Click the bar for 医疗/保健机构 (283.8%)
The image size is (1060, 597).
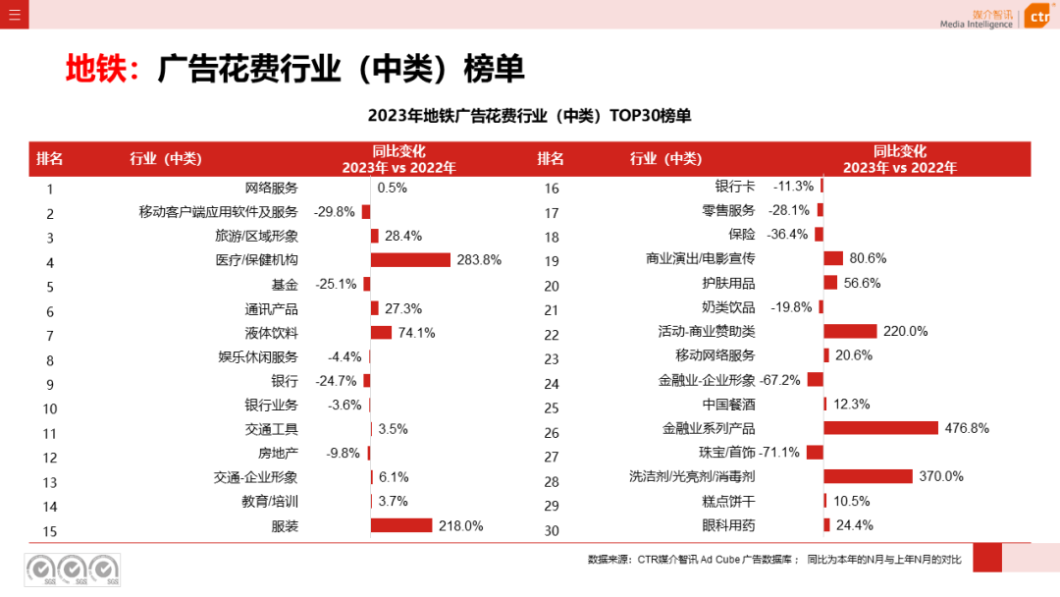(410, 260)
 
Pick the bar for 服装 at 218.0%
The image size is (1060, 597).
(400, 525)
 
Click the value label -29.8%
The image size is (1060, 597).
(335, 212)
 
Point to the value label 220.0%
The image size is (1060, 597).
(905, 332)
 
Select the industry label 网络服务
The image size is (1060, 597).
(271, 188)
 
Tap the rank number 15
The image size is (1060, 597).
(50, 531)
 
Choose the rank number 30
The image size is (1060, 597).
(552, 531)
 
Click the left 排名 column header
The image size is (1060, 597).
(50, 159)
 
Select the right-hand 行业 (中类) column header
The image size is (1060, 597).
(665, 159)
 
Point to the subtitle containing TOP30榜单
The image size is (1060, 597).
(529, 116)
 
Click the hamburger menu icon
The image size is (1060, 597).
(14, 14)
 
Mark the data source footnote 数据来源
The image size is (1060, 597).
(773, 560)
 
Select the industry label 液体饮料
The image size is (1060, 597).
(271, 333)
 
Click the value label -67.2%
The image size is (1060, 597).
(780, 380)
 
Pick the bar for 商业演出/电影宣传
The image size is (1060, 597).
(833, 258)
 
